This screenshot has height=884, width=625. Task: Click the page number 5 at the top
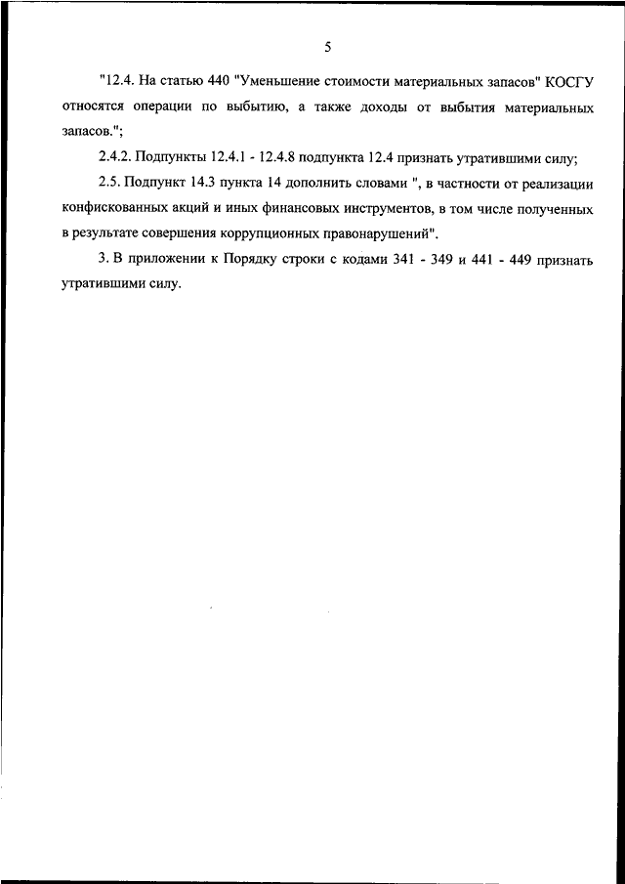pyautogui.click(x=328, y=45)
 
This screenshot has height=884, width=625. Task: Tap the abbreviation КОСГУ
pyautogui.click(x=569, y=82)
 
